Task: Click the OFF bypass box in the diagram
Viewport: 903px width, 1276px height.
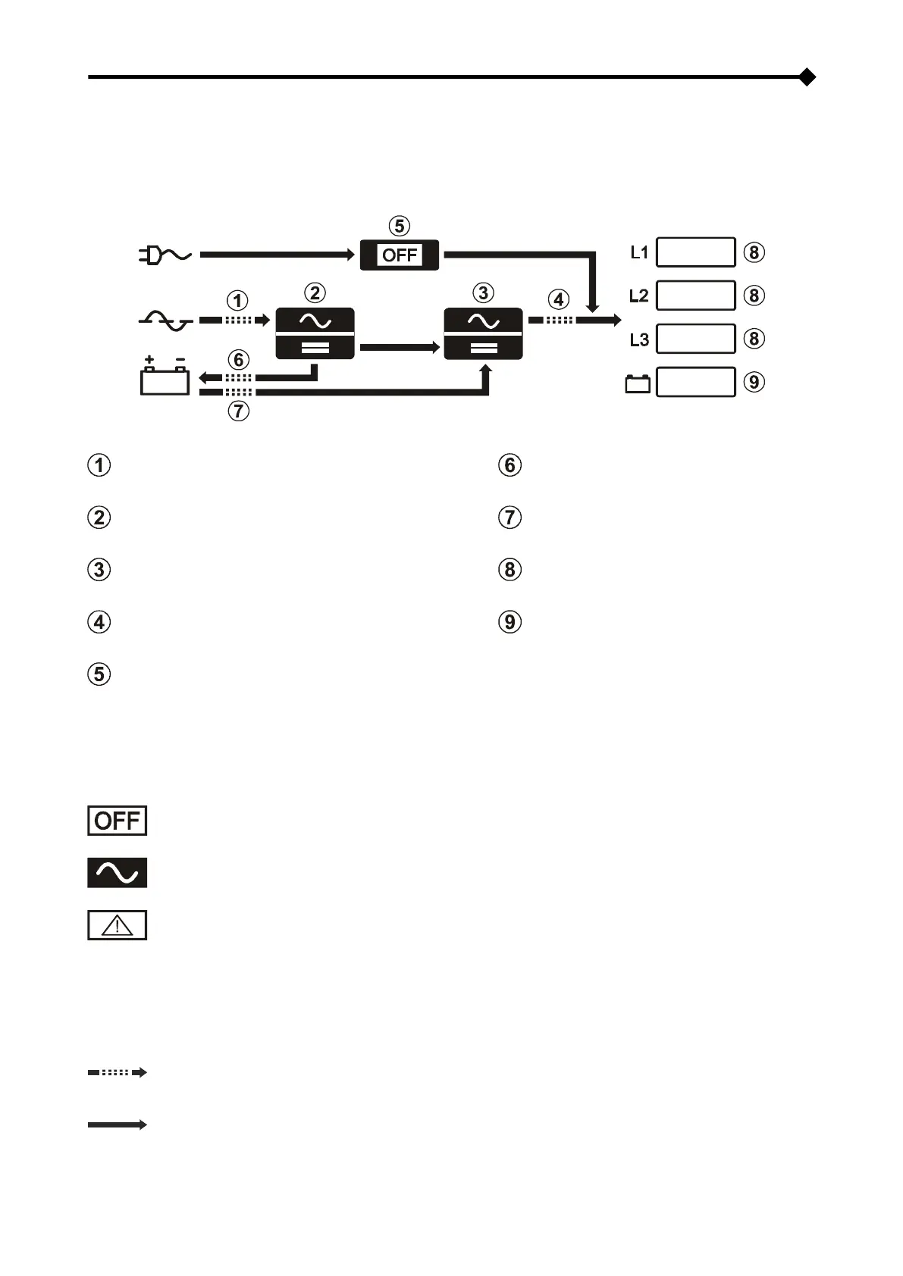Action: click(400, 255)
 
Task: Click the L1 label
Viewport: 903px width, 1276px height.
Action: click(639, 252)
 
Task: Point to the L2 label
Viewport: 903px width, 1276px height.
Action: click(639, 296)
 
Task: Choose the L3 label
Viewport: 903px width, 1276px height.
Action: click(639, 339)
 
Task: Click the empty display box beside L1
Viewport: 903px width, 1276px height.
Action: click(695, 252)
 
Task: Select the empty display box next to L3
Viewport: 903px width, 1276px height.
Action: click(695, 339)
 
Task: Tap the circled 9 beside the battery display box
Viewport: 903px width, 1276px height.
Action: click(753, 382)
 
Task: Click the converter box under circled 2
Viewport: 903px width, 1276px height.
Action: click(315, 333)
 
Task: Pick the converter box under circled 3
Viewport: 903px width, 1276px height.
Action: click(483, 333)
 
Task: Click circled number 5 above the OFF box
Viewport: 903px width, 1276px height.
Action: click(400, 226)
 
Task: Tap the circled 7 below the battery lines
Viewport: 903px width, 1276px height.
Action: click(238, 411)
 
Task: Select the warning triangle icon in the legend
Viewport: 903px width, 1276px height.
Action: click(117, 925)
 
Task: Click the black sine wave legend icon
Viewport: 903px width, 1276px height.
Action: click(117, 873)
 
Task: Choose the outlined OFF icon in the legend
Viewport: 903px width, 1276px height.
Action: click(117, 821)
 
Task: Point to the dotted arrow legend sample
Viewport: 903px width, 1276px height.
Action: click(117, 1072)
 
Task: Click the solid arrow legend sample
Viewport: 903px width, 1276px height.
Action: click(117, 1125)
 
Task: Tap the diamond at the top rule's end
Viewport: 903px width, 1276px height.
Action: click(807, 77)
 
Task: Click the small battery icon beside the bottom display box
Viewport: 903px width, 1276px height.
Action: click(638, 383)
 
